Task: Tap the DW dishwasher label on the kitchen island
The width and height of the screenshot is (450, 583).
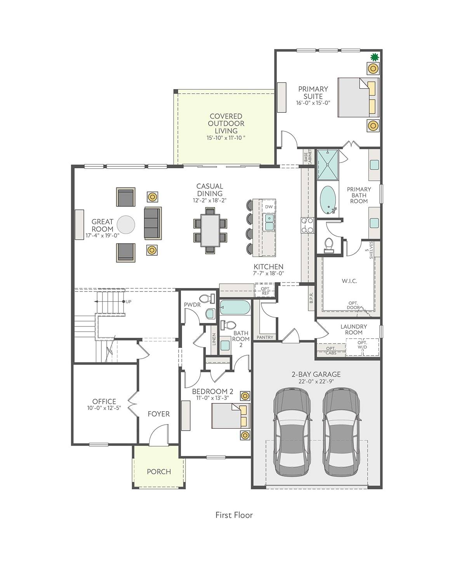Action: click(269, 207)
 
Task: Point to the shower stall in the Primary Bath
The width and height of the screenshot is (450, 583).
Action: click(328, 164)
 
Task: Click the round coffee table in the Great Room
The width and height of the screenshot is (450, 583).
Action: click(126, 225)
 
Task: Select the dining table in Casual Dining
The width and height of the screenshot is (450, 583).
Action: click(210, 230)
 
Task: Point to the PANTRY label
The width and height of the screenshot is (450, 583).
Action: click(265, 337)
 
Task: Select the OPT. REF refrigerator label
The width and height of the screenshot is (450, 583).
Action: click(265, 291)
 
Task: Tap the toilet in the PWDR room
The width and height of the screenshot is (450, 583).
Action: click(208, 298)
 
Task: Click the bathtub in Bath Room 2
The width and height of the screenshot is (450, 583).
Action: click(235, 307)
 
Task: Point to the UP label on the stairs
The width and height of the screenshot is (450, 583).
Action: click(129, 302)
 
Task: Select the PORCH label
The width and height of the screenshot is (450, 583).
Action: click(159, 471)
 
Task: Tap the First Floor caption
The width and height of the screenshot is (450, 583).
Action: click(234, 515)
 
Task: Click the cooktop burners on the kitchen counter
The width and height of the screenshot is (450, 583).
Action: click(307, 225)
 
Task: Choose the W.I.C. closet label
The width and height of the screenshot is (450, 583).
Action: click(349, 281)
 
